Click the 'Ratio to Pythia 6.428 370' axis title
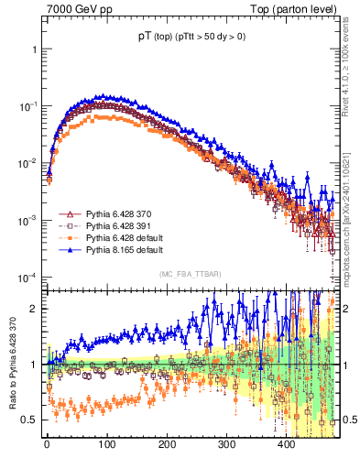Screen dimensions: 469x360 click(15, 365)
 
